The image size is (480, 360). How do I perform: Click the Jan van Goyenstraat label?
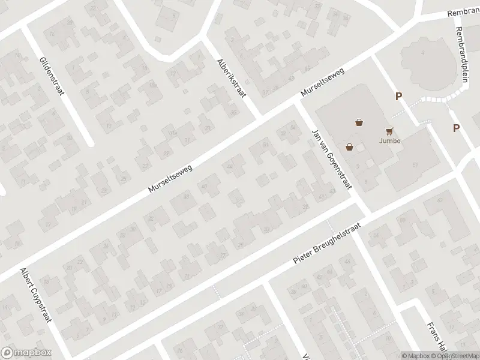tap(331, 158)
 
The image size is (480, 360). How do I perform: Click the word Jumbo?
tap(390, 141)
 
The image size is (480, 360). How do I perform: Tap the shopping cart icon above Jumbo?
tap(390, 130)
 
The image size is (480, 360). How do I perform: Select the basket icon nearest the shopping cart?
tap(359, 122)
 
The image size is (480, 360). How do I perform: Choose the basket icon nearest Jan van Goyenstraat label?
tap(349, 146)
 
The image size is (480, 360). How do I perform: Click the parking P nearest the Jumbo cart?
tap(398, 96)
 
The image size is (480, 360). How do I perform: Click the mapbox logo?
tap(25, 353)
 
